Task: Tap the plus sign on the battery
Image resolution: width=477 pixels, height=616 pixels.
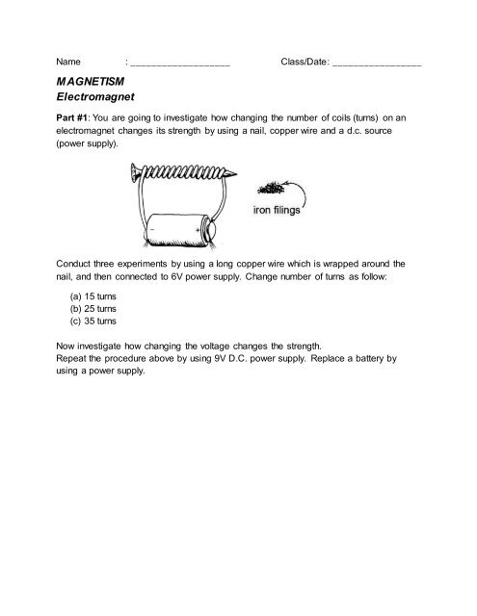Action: pyautogui.click(x=197, y=234)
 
